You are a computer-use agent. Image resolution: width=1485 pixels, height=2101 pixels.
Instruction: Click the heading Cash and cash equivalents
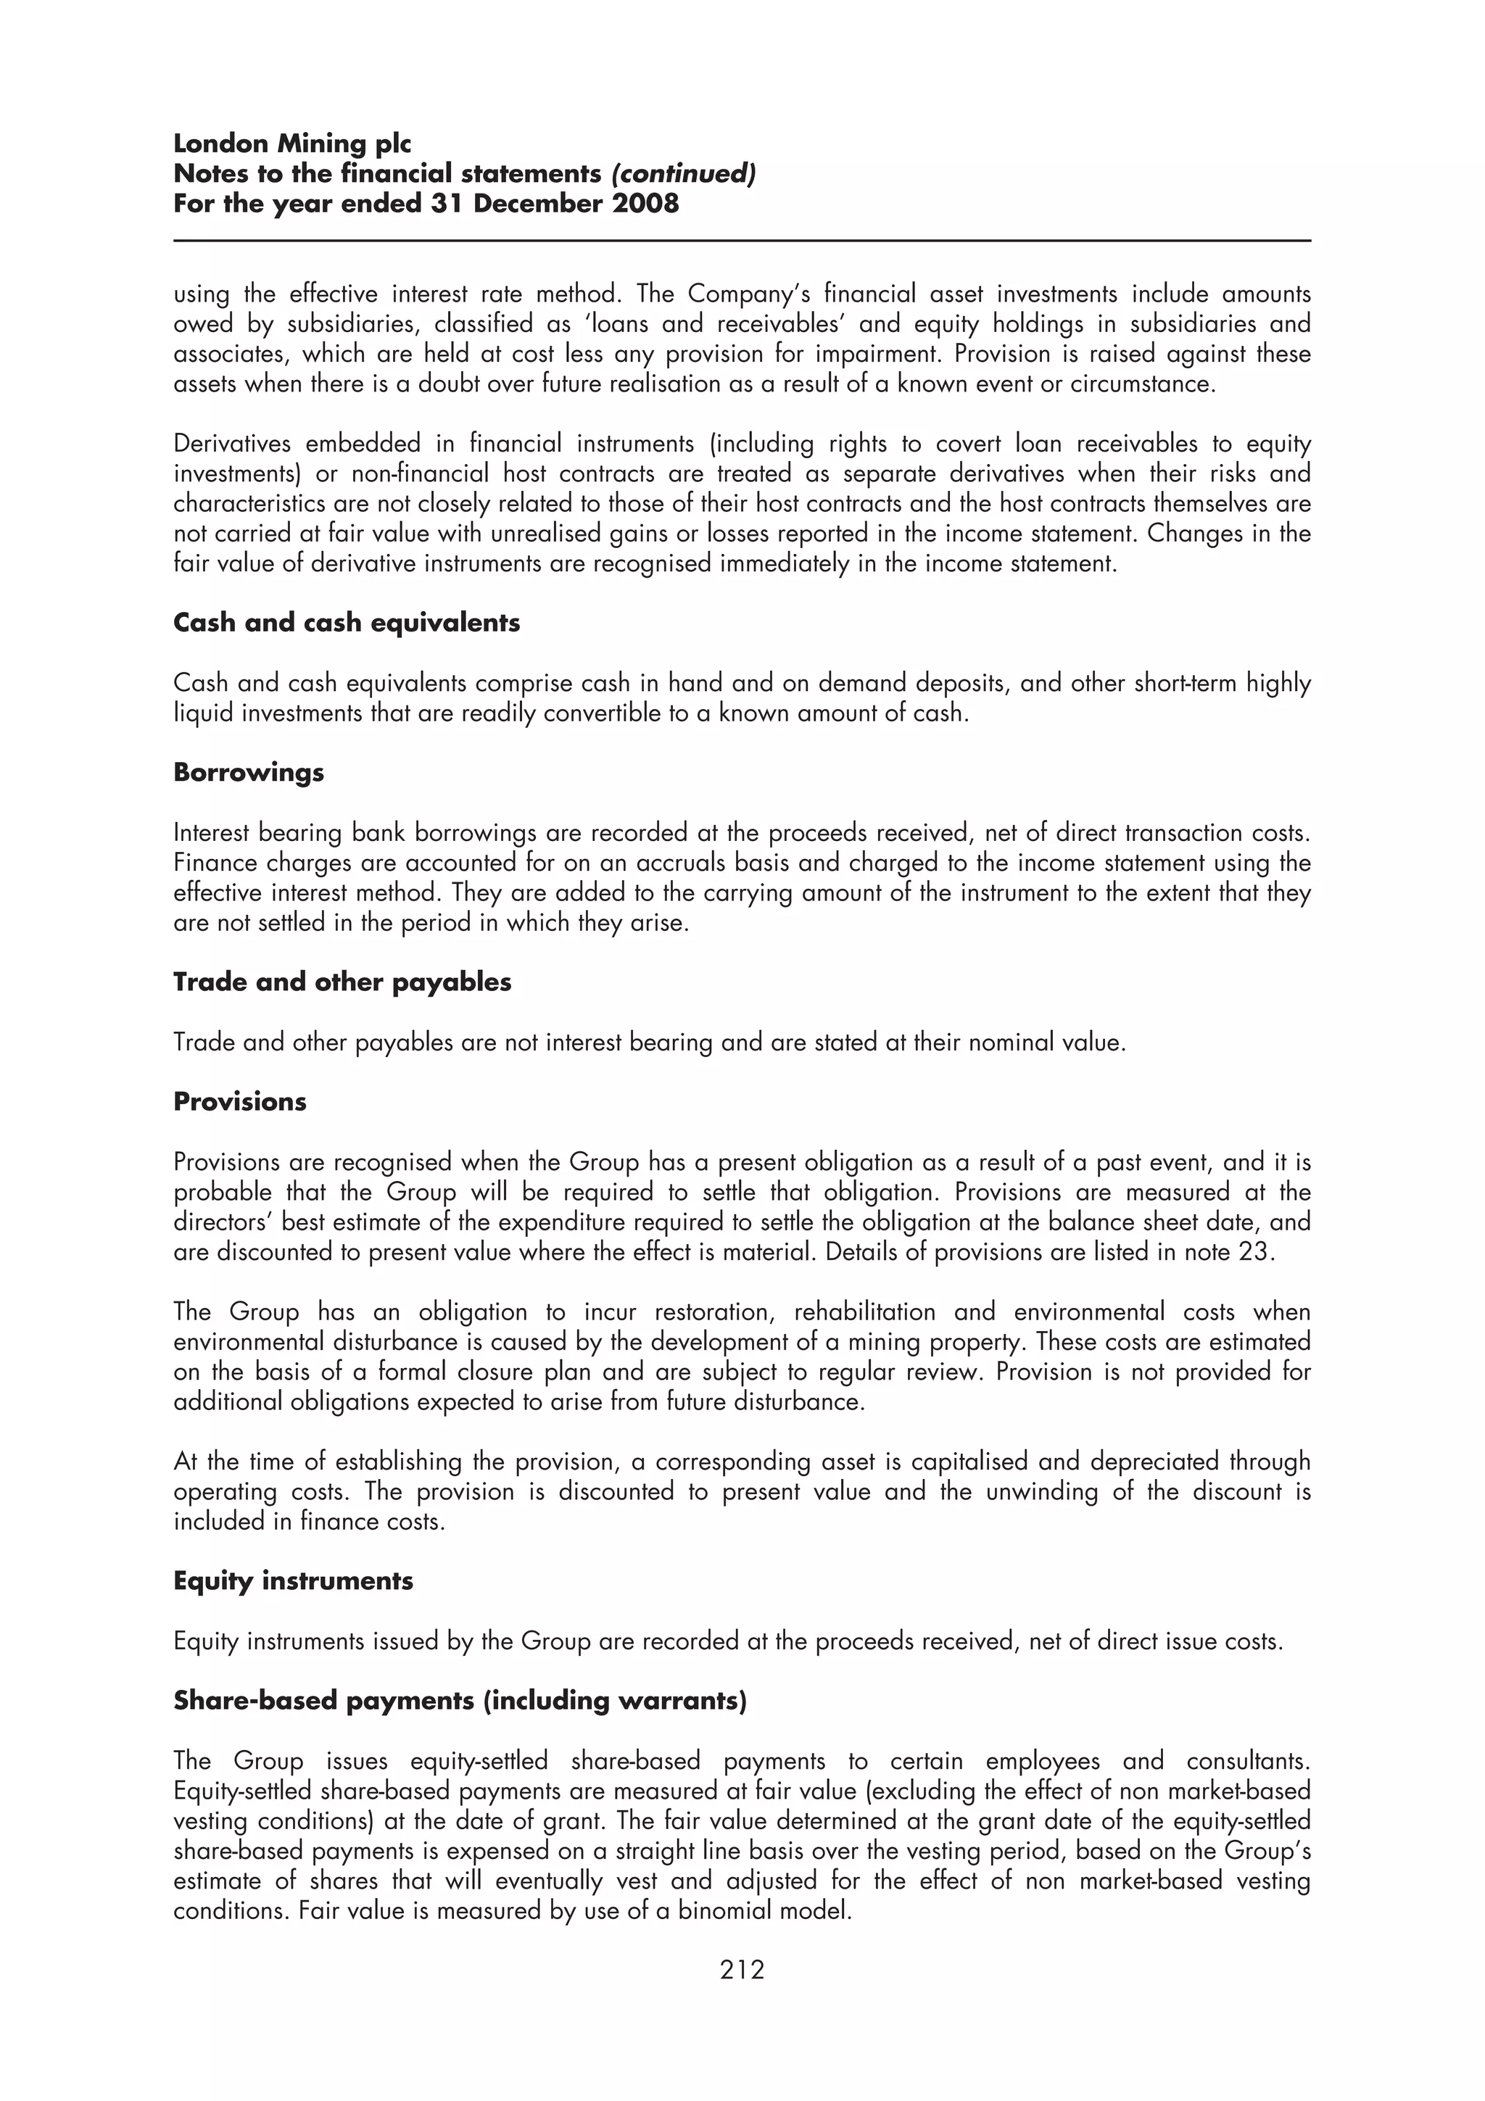pyautogui.click(x=346, y=623)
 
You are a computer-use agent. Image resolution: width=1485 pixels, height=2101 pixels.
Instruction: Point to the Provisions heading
pyautogui.click(x=240, y=1102)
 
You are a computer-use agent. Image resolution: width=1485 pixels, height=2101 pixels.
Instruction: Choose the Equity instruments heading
pyautogui.click(x=293, y=1581)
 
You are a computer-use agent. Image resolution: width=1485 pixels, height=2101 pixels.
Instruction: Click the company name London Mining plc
pyautogui.click(x=292, y=144)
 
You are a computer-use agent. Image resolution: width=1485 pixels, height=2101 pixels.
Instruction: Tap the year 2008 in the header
pyautogui.click(x=646, y=203)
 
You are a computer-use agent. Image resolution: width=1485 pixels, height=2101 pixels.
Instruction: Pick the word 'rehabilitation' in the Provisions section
pyautogui.click(x=864, y=1312)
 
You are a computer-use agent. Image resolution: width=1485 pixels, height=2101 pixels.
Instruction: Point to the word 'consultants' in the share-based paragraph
pyautogui.click(x=1247, y=1762)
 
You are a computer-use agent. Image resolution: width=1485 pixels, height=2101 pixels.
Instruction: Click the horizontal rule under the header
pyautogui.click(x=741, y=241)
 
